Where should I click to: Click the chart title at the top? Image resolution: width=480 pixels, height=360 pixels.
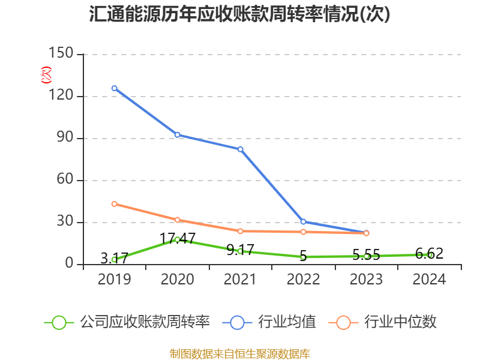click(x=240, y=14)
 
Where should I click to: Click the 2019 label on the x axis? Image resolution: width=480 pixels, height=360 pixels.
click(x=114, y=280)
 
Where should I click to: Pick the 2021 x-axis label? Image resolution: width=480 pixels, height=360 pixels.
click(x=240, y=280)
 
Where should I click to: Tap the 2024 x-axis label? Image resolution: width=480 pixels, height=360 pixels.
click(x=429, y=280)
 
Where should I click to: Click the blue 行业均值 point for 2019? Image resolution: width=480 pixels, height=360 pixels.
click(x=114, y=88)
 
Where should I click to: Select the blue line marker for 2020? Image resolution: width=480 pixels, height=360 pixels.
click(x=177, y=134)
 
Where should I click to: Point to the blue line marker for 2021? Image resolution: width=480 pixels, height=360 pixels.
click(x=240, y=149)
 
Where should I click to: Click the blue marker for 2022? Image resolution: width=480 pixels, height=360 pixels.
click(x=303, y=221)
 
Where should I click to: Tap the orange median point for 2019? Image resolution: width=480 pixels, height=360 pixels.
click(x=114, y=204)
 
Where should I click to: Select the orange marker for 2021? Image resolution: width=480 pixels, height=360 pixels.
click(x=240, y=231)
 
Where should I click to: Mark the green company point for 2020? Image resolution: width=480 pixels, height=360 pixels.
click(x=177, y=239)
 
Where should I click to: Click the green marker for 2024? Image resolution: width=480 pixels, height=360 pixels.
click(x=429, y=254)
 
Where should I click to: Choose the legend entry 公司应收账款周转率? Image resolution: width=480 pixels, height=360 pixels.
click(x=128, y=322)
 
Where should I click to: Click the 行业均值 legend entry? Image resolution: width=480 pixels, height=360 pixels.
click(x=270, y=322)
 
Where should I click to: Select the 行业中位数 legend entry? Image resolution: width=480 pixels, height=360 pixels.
click(x=383, y=322)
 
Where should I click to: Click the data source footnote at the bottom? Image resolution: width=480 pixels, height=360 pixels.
click(x=240, y=353)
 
